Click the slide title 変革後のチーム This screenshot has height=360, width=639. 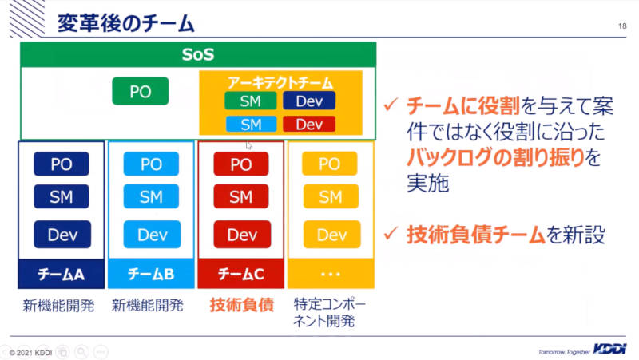(125, 23)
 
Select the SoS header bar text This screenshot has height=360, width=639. (198, 54)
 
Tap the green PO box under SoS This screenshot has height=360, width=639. (141, 91)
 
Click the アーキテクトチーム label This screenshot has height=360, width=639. (280, 83)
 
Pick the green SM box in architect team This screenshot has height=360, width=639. (251, 101)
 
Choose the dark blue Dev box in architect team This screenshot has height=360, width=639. (309, 101)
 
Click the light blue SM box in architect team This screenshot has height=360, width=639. (251, 125)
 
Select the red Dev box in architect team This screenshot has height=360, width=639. (309, 125)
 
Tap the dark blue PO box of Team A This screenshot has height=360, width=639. (62, 164)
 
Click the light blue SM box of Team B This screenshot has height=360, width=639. (151, 196)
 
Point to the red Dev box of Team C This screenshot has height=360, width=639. (242, 234)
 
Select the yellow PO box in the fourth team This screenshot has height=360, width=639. (329, 164)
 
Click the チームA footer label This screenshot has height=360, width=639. (62, 274)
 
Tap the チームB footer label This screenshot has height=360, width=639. (151, 274)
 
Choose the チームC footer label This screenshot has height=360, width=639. (241, 274)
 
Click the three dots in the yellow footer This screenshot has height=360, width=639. (331, 274)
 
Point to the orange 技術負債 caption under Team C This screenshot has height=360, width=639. (242, 305)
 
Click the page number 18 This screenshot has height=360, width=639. (622, 26)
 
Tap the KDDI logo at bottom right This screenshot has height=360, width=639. (609, 349)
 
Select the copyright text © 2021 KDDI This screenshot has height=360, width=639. (30, 353)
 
